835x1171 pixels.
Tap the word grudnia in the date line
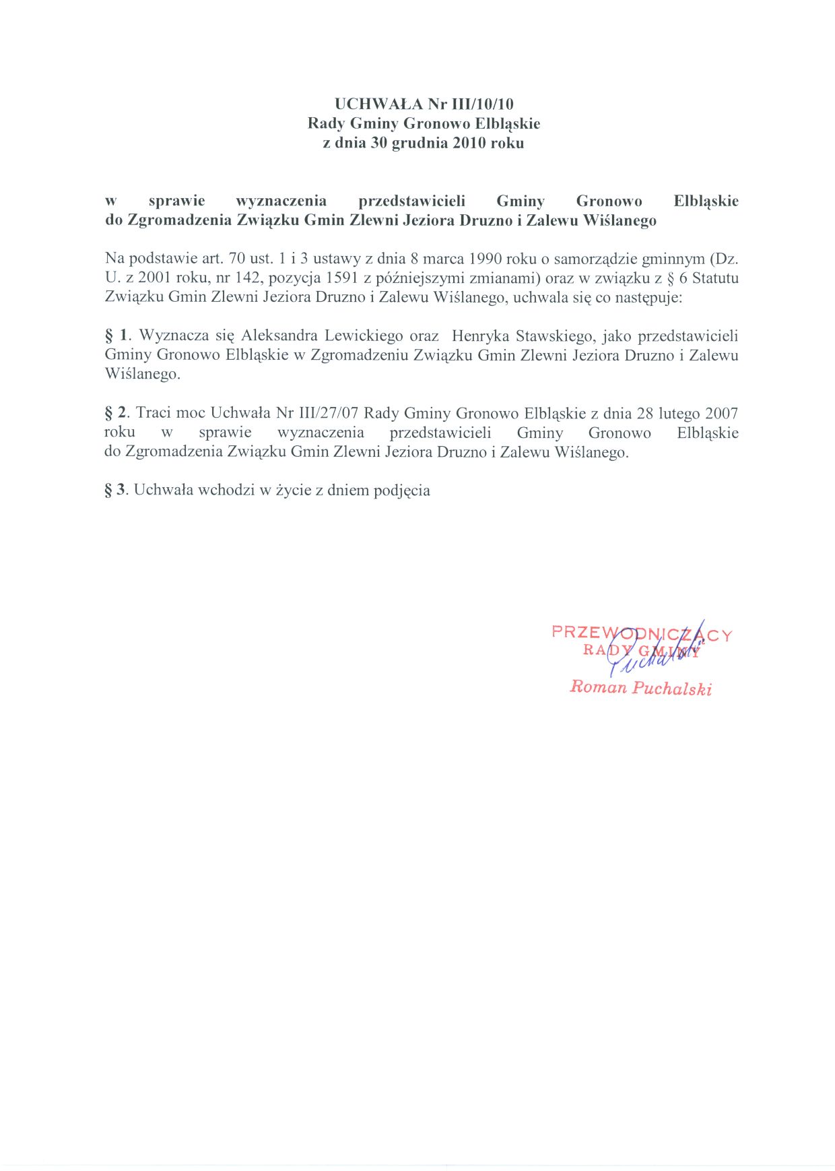pyautogui.click(x=417, y=143)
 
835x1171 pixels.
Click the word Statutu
pyautogui.click(x=715, y=278)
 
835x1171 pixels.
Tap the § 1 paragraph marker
pyautogui.click(x=116, y=336)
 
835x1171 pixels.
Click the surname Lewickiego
pyautogui.click(x=364, y=336)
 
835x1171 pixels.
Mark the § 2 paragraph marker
pyautogui.click(x=116, y=413)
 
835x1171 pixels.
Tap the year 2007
pyautogui.click(x=722, y=413)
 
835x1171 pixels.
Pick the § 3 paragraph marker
pyautogui.click(x=116, y=490)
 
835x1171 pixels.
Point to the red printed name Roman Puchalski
pyautogui.click(x=640, y=687)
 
